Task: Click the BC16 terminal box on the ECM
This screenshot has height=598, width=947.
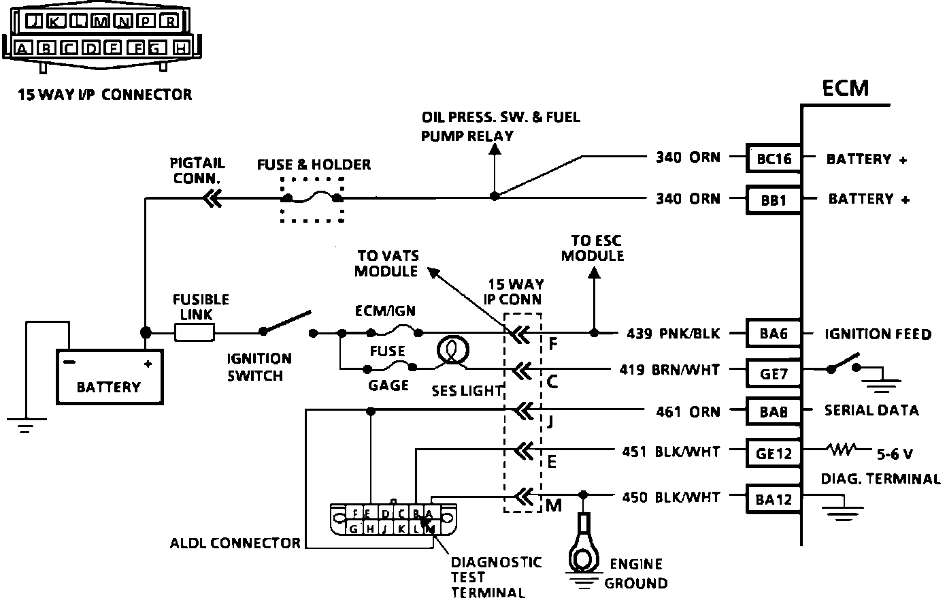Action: (774, 159)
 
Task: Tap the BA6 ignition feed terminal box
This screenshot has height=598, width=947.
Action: (774, 334)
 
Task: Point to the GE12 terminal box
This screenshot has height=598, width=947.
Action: (774, 452)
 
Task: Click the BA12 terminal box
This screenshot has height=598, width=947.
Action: (774, 499)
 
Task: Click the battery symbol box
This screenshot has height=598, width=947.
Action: (109, 377)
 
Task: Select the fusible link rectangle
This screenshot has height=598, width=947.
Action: (195, 333)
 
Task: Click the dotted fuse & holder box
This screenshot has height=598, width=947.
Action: (312, 200)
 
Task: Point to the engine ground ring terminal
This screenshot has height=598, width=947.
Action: (584, 545)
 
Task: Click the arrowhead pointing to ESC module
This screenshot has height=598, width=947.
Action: (594, 272)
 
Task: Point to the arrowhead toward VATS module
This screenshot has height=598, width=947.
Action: (433, 272)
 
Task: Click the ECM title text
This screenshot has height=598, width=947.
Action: (845, 89)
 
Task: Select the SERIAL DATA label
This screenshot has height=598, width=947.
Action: (871, 411)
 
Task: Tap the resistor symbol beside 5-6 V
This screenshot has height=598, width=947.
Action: (844, 450)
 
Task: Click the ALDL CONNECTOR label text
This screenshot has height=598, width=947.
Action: (235, 543)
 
